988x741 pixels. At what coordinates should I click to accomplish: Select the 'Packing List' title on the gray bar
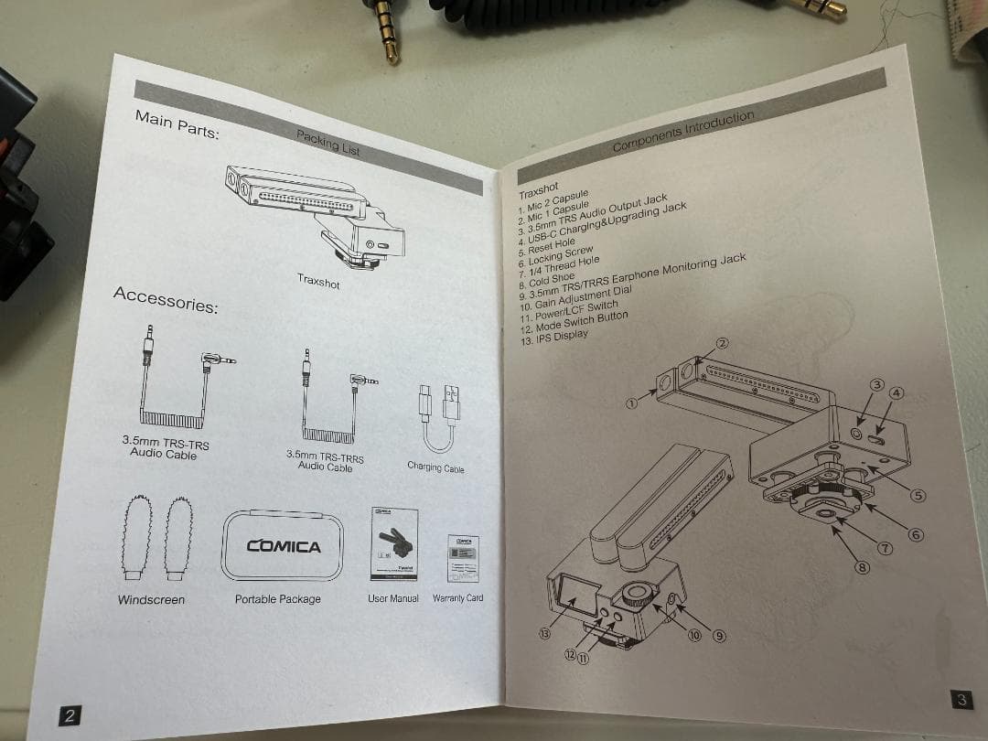coord(328,143)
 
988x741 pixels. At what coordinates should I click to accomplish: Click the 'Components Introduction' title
coord(682,132)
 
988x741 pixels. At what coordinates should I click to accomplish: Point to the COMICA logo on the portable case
coord(284,546)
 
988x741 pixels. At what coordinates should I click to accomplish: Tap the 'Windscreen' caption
coord(151,600)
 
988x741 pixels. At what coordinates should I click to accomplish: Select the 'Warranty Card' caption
coord(458,598)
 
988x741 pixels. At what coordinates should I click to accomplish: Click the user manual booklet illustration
coord(393,543)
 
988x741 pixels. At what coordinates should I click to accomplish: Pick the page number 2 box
coord(69,714)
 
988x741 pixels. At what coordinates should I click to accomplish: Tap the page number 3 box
coord(960,701)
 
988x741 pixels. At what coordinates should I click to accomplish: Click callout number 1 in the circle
coord(632,401)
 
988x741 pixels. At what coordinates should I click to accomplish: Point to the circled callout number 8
coord(862,567)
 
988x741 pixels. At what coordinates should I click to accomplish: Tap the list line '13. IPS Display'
coord(554,337)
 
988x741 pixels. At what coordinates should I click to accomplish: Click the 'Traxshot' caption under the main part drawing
coord(318,282)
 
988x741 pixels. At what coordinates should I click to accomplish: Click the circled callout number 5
coord(918,495)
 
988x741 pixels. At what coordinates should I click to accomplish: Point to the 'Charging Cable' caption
coord(435,467)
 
